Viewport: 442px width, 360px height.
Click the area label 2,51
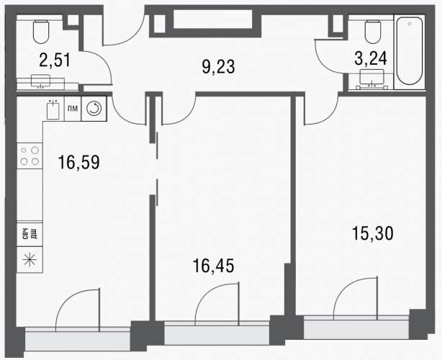coord(55,60)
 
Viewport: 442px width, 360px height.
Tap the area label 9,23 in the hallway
coord(218,67)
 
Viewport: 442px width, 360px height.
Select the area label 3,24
coord(371,59)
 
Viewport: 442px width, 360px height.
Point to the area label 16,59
coord(78,163)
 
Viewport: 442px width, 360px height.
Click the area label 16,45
coord(213,266)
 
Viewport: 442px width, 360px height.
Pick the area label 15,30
coord(373,233)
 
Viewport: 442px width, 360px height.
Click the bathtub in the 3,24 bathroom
coord(410,52)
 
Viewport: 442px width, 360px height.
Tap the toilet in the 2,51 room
coord(41,32)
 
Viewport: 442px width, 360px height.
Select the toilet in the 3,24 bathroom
coord(373,32)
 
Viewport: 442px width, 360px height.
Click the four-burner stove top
coord(30,156)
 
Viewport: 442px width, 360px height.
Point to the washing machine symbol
coord(94,109)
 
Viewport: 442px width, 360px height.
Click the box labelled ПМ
coord(73,109)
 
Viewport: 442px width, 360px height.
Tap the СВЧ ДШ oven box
coord(30,234)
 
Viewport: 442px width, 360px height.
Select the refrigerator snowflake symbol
coord(30,260)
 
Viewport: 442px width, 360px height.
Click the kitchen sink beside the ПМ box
coord(53,110)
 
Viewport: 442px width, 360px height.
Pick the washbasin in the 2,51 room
coord(40,81)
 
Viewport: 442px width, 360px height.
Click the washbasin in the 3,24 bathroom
coord(371,78)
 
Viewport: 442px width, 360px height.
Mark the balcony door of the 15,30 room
coord(355,299)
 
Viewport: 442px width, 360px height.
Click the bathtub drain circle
coord(410,24)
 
